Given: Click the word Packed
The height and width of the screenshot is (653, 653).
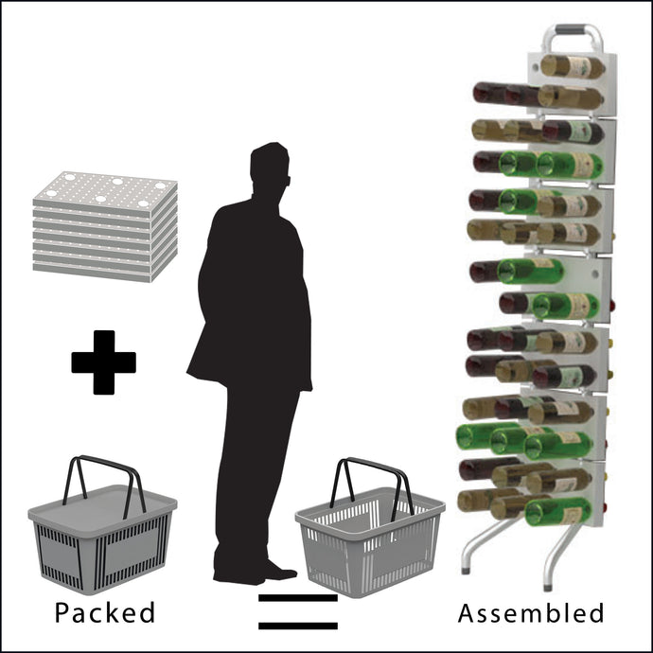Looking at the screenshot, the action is tap(105, 612).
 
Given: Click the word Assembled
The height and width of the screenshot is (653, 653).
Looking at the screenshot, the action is tap(531, 613).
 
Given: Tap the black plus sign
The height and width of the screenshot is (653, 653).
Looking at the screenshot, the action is tap(104, 362).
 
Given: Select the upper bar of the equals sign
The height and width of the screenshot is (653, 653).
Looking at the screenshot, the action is tap(298, 598).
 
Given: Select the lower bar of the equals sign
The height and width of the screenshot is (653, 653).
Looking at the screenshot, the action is tap(298, 626).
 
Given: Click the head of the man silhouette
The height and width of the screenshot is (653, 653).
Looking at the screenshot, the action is tap(270, 167).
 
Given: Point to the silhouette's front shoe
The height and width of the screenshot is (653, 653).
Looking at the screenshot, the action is tap(280, 572).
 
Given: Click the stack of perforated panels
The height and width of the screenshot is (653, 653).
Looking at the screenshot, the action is tap(105, 226).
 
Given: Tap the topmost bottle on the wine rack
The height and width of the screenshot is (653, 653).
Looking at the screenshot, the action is tap(573, 66).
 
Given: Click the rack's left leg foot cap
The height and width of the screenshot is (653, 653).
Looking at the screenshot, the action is tap(466, 570).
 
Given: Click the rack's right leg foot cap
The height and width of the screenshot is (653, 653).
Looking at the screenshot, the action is tap(549, 588).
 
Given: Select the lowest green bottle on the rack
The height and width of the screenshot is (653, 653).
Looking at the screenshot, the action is tap(558, 511).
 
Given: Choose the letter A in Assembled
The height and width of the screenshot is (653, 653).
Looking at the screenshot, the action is tap(468, 613).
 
